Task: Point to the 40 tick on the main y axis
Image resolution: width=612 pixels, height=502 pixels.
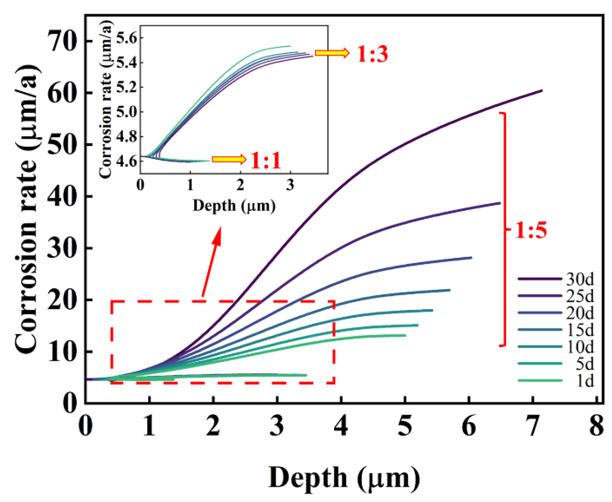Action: [62, 196]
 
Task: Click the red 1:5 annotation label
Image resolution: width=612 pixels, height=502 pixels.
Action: [531, 230]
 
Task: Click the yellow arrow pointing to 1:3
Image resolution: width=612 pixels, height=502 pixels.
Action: [332, 53]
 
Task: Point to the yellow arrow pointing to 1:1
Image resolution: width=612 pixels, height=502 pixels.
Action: [229, 159]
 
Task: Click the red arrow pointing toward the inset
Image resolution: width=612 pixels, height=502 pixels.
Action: [212, 261]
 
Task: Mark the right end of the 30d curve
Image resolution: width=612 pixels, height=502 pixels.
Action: [541, 91]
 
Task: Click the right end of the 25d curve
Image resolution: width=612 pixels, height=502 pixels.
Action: [499, 203]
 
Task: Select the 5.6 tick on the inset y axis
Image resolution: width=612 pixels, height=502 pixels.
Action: [126, 38]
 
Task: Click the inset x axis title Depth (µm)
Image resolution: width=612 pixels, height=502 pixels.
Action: [234, 206]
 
